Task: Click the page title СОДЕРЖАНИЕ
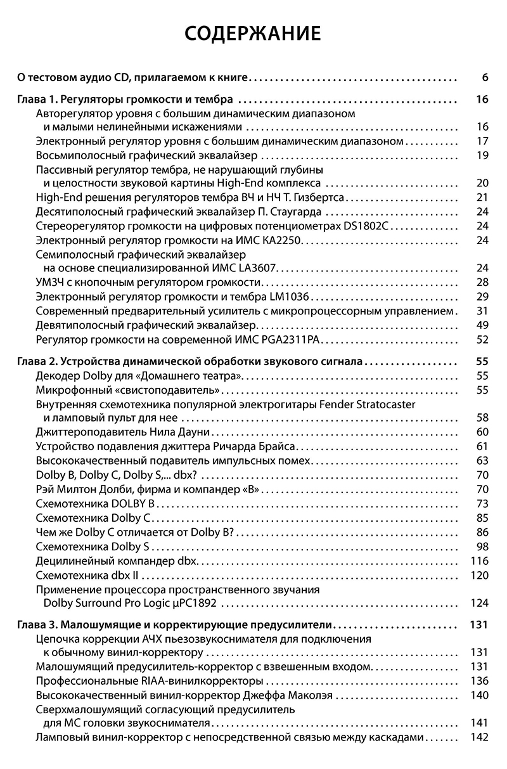pyautogui.click(x=253, y=33)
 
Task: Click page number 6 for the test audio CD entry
pyautogui.click(x=484, y=78)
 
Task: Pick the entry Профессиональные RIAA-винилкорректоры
pyautogui.click(x=150, y=681)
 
